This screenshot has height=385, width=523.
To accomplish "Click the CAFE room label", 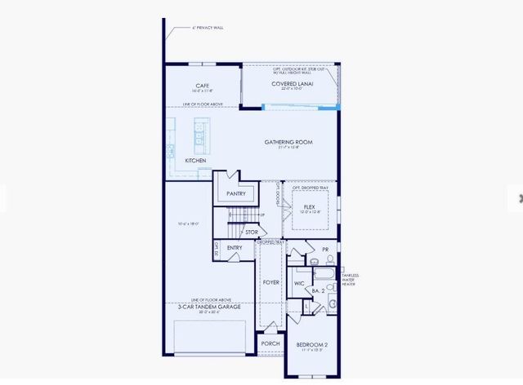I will (x=203, y=86).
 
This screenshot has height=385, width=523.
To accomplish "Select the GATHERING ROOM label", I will (x=288, y=142).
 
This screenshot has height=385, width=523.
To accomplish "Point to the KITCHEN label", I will (x=195, y=161).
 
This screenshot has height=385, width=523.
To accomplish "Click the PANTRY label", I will (x=236, y=194).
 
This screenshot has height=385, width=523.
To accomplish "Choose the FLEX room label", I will (x=309, y=207).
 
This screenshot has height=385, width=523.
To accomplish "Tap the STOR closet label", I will (x=252, y=232).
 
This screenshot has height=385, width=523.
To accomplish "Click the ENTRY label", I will (x=235, y=248).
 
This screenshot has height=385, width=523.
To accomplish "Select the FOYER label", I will (x=270, y=282).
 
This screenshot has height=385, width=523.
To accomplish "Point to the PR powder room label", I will (x=325, y=249).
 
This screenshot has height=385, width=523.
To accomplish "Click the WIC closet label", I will (x=299, y=283).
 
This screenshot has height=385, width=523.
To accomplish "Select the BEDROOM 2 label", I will (x=311, y=345).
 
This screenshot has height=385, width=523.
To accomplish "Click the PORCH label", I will (x=270, y=343).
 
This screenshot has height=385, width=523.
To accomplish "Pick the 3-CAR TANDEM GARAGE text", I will (x=209, y=306).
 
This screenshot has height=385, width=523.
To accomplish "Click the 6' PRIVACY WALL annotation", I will (x=208, y=27).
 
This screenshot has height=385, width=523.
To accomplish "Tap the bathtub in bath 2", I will (x=322, y=273).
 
